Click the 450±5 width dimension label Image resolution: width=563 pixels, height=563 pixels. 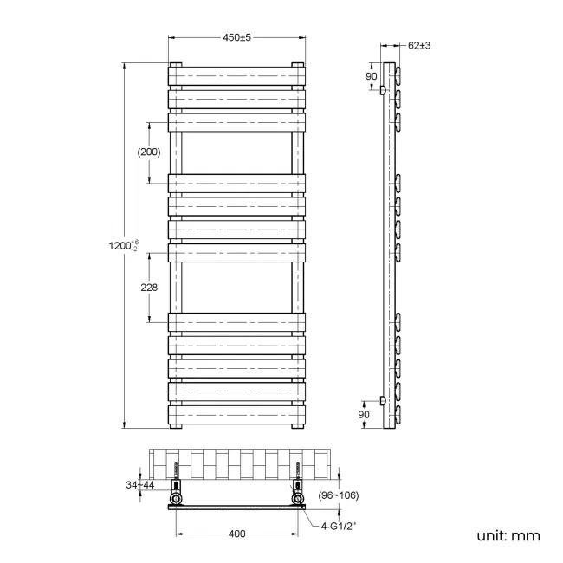point(236,37)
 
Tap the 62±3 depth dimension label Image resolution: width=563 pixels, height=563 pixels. point(418,45)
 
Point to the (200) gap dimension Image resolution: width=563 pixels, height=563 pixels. point(149,152)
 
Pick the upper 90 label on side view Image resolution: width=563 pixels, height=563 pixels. point(371,76)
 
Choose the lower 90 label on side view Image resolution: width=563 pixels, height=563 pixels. point(365,415)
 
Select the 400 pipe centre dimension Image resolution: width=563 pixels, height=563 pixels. point(236,534)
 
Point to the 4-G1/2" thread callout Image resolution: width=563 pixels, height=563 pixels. point(342,525)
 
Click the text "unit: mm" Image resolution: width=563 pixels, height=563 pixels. point(508,536)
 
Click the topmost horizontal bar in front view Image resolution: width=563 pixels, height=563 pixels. point(236,75)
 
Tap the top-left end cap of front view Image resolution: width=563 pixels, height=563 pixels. point(176,65)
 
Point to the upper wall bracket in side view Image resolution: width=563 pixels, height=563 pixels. point(382,88)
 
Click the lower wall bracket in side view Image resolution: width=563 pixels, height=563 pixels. point(382,400)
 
